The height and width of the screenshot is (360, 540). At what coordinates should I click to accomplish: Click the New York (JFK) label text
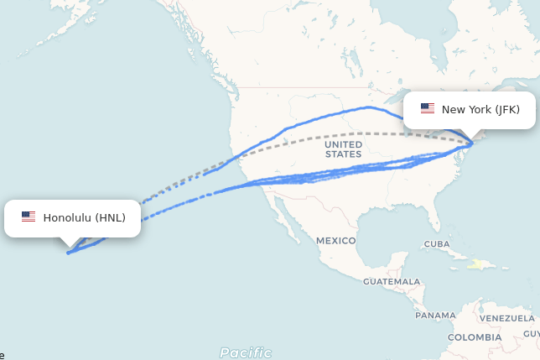480,109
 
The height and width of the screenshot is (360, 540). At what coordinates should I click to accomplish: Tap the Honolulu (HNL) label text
84,217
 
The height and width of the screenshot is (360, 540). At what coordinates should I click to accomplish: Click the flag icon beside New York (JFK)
428,109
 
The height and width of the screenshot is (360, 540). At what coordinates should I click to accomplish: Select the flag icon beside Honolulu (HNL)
29,217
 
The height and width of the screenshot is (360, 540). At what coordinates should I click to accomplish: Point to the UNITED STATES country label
343,149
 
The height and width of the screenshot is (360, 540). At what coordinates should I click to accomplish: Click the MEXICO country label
335,241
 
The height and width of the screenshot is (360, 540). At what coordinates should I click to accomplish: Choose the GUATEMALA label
392,281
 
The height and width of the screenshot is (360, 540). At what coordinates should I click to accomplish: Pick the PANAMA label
435,316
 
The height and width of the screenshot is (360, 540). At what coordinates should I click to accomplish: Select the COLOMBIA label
474,337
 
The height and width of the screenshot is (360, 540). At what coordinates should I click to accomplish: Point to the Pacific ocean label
246,352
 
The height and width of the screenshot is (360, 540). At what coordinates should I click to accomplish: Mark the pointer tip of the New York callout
472,140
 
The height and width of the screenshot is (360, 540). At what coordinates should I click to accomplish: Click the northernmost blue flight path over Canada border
369,107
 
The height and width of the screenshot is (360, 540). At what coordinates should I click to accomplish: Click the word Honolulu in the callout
67,217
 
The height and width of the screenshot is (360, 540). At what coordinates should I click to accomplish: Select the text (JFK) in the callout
506,109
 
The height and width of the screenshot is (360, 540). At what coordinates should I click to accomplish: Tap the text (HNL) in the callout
110,217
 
